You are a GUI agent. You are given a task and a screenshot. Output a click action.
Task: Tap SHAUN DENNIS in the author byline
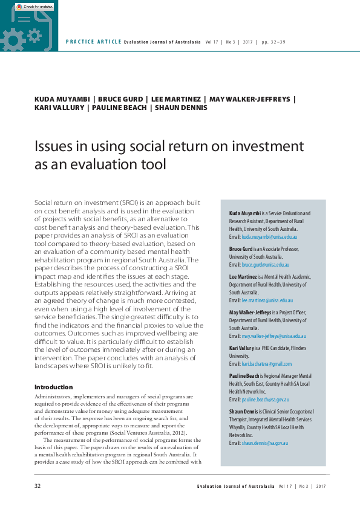click(x=181, y=108)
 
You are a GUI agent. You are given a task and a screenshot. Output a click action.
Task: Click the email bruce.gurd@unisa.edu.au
click(x=261, y=265)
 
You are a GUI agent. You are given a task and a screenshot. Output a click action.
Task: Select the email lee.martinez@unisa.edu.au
click(x=263, y=300)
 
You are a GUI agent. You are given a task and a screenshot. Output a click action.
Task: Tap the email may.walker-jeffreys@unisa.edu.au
click(x=274, y=336)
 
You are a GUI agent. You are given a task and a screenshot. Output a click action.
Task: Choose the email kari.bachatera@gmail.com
click(x=266, y=364)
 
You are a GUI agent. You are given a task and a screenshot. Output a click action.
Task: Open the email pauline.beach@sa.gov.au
click(x=265, y=400)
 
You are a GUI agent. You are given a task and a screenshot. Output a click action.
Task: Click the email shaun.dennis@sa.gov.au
click(x=264, y=443)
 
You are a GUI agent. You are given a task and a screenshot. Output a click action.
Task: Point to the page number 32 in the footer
click(x=38, y=486)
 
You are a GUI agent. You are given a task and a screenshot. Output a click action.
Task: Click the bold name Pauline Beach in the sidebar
click(x=245, y=375)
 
